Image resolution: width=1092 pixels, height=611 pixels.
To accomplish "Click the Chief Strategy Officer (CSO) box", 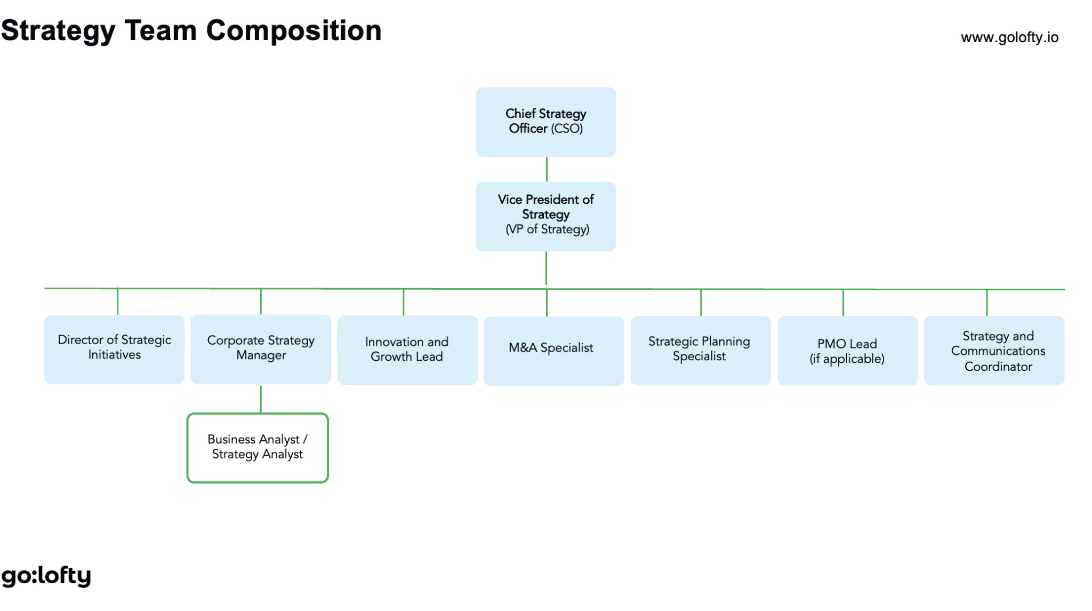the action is [545, 122].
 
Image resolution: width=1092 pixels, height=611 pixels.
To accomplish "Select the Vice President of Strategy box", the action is [545, 216].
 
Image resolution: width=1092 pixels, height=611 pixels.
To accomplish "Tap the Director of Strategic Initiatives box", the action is [114, 349].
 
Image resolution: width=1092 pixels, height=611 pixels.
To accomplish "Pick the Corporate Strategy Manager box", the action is [261, 349].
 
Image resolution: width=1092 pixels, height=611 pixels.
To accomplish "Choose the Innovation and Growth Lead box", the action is [407, 350].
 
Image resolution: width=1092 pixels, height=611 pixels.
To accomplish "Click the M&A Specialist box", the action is [554, 351].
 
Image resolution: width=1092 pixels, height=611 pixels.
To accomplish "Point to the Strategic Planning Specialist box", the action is [701, 351].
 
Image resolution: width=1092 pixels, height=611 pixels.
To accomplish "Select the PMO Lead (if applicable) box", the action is [848, 351].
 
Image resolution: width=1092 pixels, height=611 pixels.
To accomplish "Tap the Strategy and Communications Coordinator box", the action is [994, 351].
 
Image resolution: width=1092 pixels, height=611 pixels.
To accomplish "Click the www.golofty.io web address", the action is [1009, 37].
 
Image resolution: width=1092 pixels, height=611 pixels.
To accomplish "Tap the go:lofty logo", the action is [46, 576].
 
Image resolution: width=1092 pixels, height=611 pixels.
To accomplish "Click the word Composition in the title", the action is [294, 30].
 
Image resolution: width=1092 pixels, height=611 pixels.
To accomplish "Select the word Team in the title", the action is [160, 30].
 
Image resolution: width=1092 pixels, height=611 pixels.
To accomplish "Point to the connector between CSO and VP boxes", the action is [547, 169].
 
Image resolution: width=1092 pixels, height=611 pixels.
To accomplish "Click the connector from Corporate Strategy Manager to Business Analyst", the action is [261, 399].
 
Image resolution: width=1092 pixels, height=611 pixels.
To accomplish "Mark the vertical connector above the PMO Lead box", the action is [843, 303].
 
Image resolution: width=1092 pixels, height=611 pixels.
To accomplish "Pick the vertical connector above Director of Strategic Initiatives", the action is [117, 301].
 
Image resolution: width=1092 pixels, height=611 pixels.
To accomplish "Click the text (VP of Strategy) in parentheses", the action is [548, 229].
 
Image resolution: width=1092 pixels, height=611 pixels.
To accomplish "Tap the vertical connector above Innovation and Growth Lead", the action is [404, 302].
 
